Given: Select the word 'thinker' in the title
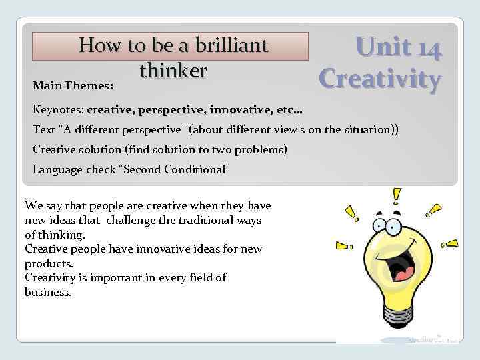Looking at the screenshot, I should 173,69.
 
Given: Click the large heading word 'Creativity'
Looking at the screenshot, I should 380,79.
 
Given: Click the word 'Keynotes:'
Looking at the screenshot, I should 57,109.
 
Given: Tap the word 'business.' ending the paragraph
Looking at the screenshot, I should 47,292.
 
